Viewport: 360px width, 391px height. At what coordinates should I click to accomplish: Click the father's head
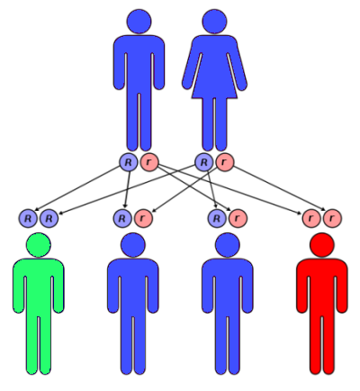[x=139, y=22]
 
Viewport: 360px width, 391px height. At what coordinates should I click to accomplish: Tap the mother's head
[x=214, y=22]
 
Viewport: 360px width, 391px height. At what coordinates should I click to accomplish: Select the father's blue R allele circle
[x=128, y=162]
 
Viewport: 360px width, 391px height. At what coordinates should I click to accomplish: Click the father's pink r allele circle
[x=149, y=162]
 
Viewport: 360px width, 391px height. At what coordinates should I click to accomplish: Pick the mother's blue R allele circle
[x=204, y=162]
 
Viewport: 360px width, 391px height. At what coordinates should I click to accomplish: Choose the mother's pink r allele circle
[x=225, y=162]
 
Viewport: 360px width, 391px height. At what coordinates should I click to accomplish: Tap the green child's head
[x=39, y=245]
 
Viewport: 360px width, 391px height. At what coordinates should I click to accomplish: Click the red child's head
[x=322, y=245]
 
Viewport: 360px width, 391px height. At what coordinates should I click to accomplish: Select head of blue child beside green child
[x=133, y=245]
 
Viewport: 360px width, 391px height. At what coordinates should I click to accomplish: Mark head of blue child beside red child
[x=228, y=245]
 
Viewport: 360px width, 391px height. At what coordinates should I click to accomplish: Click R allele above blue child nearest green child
[x=122, y=218]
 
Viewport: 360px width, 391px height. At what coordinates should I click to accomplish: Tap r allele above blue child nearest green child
[x=143, y=218]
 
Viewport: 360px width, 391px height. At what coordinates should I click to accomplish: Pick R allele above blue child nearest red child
[x=217, y=218]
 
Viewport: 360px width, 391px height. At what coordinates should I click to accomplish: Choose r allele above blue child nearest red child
[x=238, y=218]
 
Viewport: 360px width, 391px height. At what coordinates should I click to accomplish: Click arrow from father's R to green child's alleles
[x=77, y=188]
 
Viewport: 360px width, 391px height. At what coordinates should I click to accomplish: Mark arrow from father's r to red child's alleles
[x=229, y=189]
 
